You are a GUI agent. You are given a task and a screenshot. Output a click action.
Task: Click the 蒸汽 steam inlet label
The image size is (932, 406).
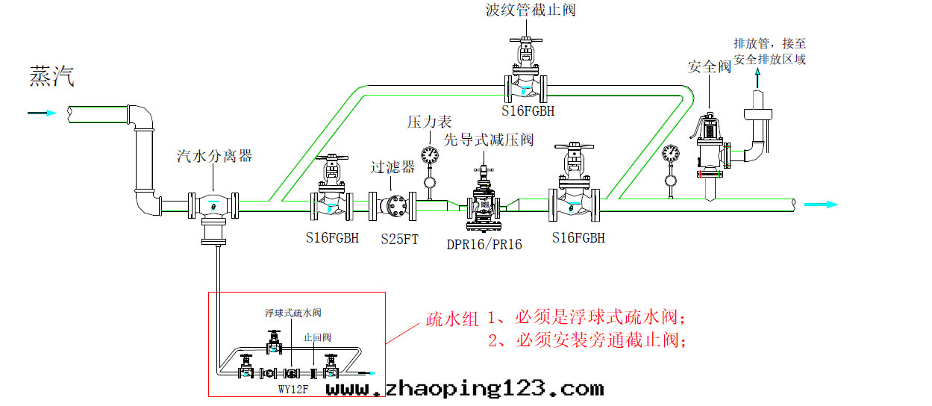pyautogui.click(x=52, y=77)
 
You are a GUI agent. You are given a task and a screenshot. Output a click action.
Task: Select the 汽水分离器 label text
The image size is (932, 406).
pyautogui.click(x=214, y=156)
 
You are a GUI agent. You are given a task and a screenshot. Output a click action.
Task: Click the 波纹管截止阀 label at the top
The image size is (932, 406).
pyautogui.click(x=530, y=10)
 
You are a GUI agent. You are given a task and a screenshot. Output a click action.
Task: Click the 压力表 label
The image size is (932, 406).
pyautogui.click(x=430, y=122)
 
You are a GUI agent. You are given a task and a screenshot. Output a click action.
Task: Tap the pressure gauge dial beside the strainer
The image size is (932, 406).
pyautogui.click(x=429, y=154)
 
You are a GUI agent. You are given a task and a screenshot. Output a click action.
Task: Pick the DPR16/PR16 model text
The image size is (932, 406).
pyautogui.click(x=484, y=244)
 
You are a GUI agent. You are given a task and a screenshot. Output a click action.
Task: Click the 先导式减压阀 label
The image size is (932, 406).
pyautogui.click(x=489, y=140)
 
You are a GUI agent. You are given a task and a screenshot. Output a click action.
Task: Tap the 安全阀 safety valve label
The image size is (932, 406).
pyautogui.click(x=709, y=67)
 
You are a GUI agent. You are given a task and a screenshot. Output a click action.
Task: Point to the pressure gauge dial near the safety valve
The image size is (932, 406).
pyautogui.click(x=670, y=153)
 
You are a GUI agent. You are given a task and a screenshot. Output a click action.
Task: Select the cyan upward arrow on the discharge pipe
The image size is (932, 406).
pyautogui.click(x=758, y=75)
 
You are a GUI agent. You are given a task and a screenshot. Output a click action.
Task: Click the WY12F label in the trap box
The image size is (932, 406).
pyautogui.click(x=293, y=389)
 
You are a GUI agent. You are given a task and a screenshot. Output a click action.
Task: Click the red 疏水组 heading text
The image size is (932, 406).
pyautogui.click(x=451, y=319)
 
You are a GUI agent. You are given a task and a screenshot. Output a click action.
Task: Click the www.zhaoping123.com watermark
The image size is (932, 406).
pyautogui.click(x=464, y=389)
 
